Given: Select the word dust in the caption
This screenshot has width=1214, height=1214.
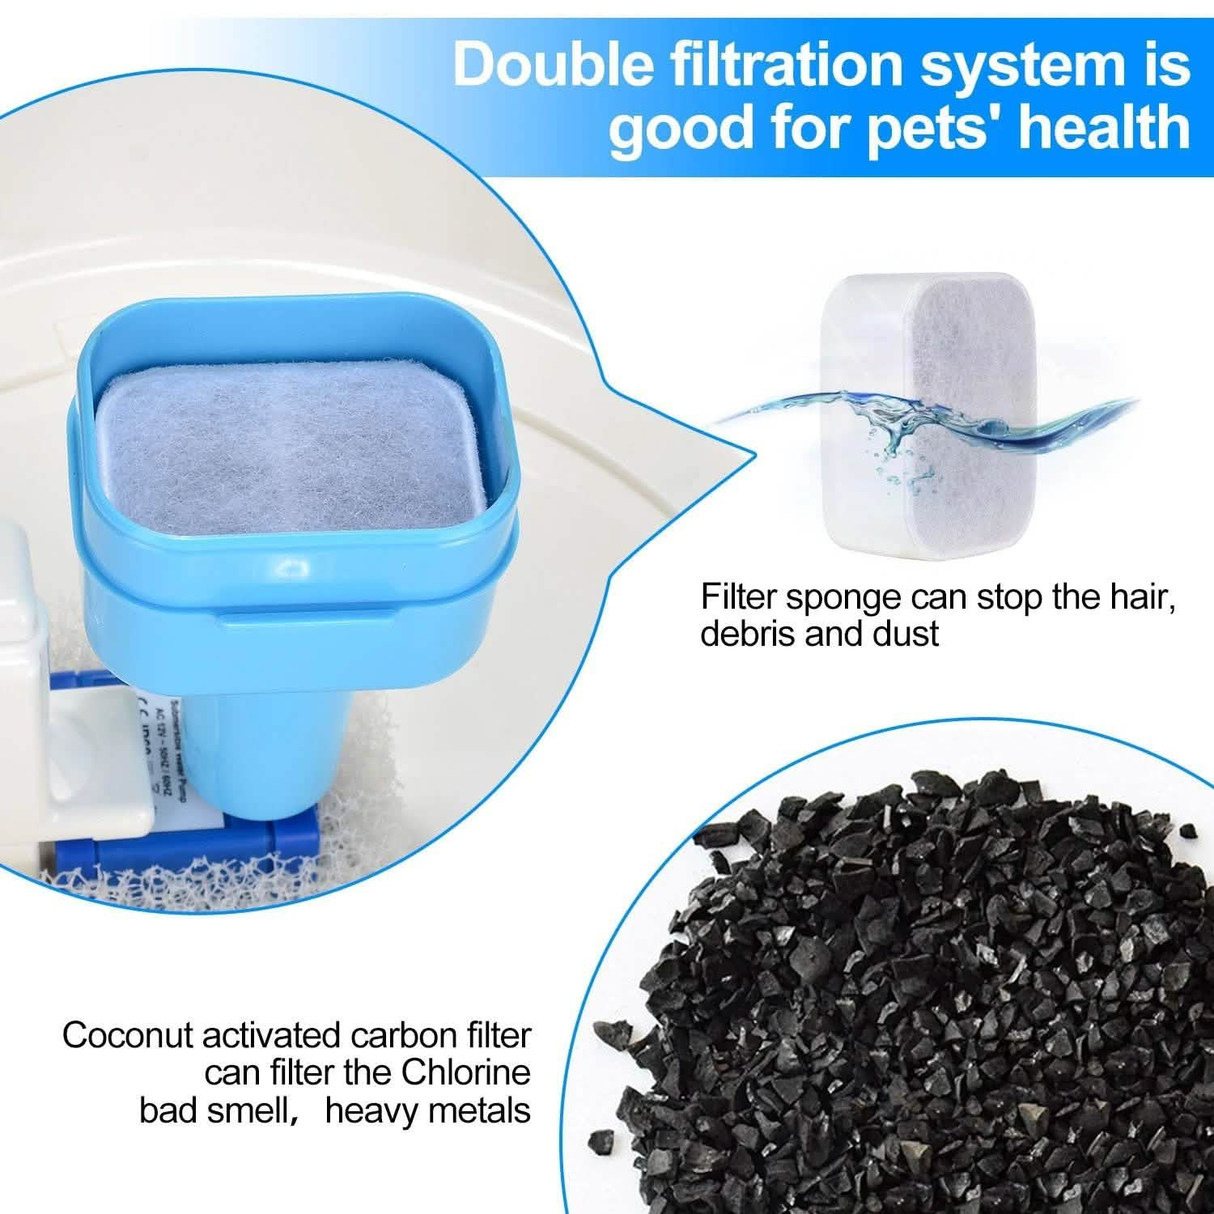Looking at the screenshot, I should click(905, 634).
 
